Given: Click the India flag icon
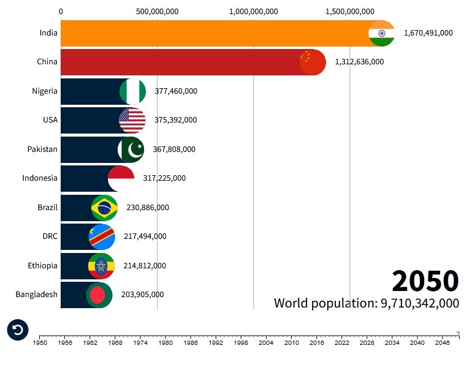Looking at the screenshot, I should tap(381, 33).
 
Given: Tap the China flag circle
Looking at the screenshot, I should tap(313, 62).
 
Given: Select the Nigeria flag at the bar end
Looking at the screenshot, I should tap(133, 91).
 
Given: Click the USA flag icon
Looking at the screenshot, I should tap(132, 120).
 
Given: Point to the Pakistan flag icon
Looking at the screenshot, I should tap(131, 149).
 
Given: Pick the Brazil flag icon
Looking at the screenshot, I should tap(104, 208).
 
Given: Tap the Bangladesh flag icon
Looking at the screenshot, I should tap(99, 295).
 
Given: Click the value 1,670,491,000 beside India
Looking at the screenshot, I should tap(428, 33).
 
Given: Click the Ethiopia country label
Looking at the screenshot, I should tap(42, 266).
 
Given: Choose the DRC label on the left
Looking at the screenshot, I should tap(50, 236).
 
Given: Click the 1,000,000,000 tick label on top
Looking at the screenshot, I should tap(253, 12).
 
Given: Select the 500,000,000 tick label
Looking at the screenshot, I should tap(157, 12).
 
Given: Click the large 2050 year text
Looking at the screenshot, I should tap(425, 281).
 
